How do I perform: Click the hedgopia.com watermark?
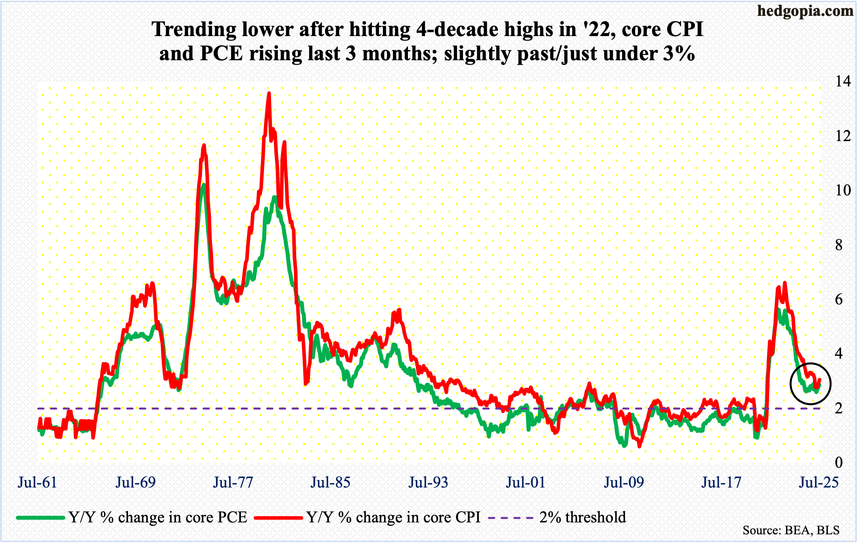click(805, 11)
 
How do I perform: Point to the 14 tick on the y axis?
click(843, 81)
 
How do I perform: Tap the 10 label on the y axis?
click(843, 190)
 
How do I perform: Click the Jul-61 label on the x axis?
click(38, 482)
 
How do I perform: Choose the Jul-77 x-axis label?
click(233, 482)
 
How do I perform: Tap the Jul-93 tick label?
click(429, 482)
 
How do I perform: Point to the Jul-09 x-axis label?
click(624, 482)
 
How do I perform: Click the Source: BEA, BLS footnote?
click(791, 530)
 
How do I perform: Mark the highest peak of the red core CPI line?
click(269, 94)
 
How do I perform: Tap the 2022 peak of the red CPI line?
click(784, 283)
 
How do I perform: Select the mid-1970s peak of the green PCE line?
click(203, 185)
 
